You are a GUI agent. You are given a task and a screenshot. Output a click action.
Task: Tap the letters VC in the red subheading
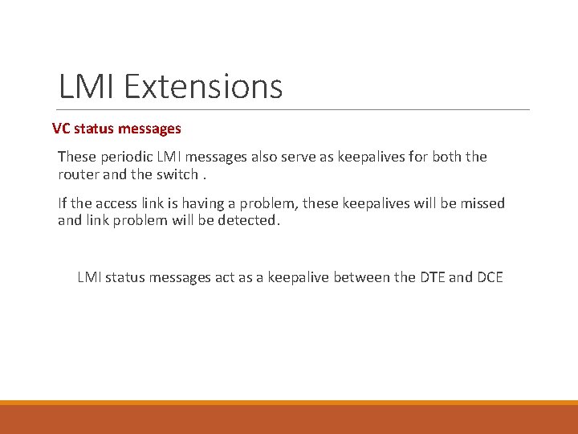click(x=61, y=128)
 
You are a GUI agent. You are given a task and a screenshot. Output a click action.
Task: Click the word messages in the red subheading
click(x=151, y=128)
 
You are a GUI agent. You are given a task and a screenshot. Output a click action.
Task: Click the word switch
click(x=177, y=174)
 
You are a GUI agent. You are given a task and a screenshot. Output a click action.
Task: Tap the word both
click(x=448, y=157)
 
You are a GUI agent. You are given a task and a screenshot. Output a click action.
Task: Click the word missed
click(x=482, y=203)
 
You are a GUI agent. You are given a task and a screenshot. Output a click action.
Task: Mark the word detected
click(x=250, y=220)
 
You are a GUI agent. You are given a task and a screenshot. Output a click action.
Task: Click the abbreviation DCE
click(x=489, y=277)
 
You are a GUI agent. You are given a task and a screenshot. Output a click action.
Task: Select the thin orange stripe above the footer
click(x=289, y=403)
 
